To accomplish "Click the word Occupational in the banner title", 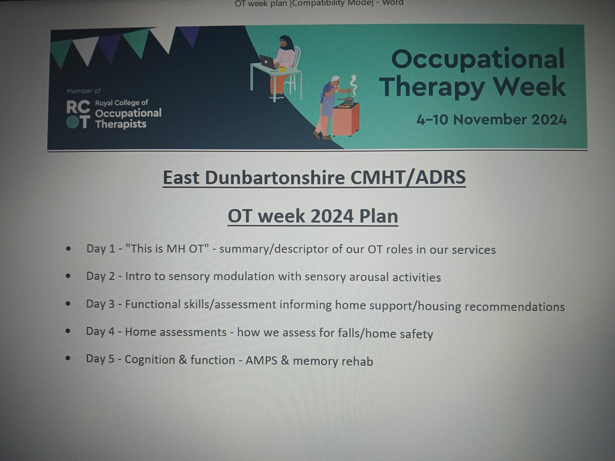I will tap(478, 59).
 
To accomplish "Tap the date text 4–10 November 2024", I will tap(491, 120).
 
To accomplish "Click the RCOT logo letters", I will tap(77, 114).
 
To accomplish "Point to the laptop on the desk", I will tap(268, 62).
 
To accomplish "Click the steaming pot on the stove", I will tap(349, 100).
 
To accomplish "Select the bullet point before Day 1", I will tap(69, 249).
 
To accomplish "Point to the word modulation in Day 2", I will tap(242, 277).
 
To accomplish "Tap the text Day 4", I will tap(102, 331).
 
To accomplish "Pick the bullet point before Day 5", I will tap(69, 359).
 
